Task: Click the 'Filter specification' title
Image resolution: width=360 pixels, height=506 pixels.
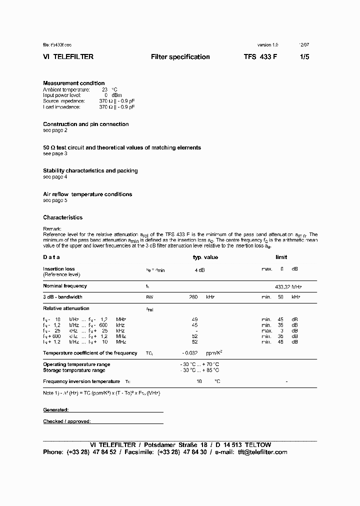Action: pyautogui.click(x=180, y=57)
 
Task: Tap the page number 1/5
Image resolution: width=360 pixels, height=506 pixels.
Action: pyautogui.click(x=304, y=57)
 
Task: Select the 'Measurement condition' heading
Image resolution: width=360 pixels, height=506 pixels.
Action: pyautogui.click(x=74, y=83)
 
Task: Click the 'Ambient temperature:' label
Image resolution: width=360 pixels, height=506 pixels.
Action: pyautogui.click(x=66, y=89)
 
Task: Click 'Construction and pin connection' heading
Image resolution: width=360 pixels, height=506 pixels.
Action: pyautogui.click(x=86, y=124)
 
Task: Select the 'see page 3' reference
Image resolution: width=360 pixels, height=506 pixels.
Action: pyautogui.click(x=55, y=153)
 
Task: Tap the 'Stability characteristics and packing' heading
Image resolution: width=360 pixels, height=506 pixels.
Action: pyautogui.click(x=90, y=170)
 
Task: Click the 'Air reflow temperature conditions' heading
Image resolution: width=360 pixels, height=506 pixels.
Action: pyautogui.click(x=87, y=194)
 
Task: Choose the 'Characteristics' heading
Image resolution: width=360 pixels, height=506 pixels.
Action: pyautogui.click(x=63, y=217)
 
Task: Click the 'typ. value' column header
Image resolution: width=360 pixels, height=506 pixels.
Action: pyautogui.click(x=205, y=257)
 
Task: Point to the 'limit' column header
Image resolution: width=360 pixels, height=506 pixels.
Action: pyautogui.click(x=281, y=257)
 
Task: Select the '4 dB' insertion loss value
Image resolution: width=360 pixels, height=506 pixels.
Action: pyautogui.click(x=199, y=269)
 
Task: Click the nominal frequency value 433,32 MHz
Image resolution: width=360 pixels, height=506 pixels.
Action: pyautogui.click(x=288, y=286)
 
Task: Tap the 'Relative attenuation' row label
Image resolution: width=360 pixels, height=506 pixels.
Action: pyautogui.click(x=66, y=308)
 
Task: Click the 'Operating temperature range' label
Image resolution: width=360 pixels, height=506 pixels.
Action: pyautogui.click(x=76, y=364)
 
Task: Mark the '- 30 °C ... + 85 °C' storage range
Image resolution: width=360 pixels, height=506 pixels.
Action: pyautogui.click(x=199, y=370)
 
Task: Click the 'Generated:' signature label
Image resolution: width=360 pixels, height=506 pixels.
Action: pyautogui.click(x=56, y=409)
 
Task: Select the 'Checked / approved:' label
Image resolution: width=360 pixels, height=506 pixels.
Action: pyautogui.click(x=67, y=421)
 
